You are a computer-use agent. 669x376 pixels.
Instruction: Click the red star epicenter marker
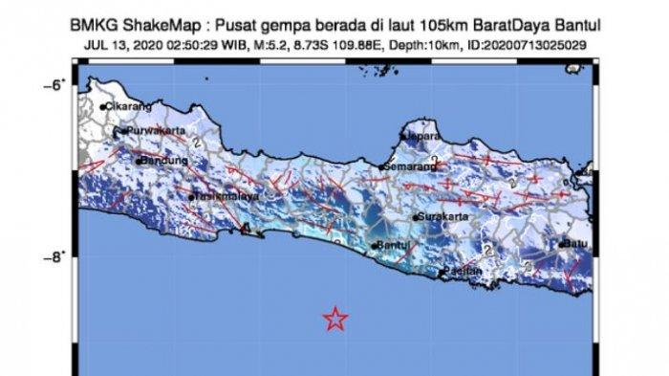(x=334, y=319)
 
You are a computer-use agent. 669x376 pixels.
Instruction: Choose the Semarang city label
(x=407, y=167)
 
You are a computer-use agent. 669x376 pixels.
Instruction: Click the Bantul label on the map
(x=394, y=247)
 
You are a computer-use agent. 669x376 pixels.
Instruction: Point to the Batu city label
(x=573, y=243)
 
